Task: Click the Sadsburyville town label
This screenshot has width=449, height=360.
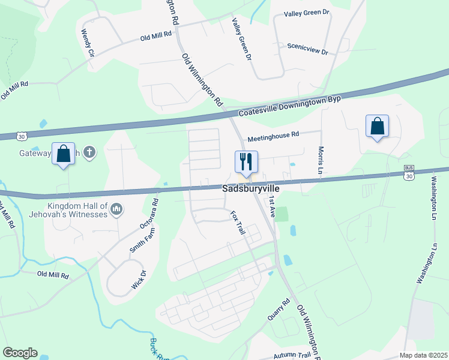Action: pyautogui.click(x=251, y=188)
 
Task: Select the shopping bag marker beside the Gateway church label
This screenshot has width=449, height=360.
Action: pyautogui.click(x=64, y=154)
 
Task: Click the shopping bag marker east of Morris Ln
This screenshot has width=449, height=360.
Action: pyautogui.click(x=377, y=127)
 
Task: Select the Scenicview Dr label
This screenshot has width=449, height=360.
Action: pyautogui.click(x=307, y=49)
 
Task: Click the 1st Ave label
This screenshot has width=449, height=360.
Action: pyautogui.click(x=272, y=205)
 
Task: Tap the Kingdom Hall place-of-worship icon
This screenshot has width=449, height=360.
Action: pyautogui.click(x=116, y=209)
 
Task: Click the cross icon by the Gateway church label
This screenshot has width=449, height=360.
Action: pyautogui.click(x=89, y=152)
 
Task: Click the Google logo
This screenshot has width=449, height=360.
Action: pyautogui.click(x=20, y=353)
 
